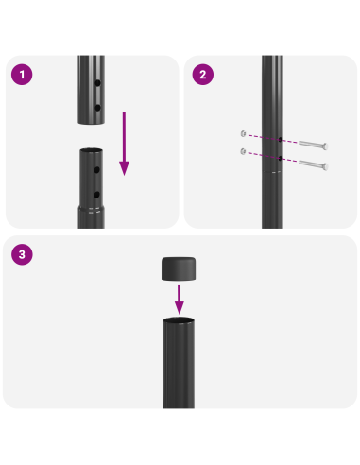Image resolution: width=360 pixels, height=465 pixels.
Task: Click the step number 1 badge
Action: pos(22,74)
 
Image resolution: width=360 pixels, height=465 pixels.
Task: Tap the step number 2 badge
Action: pos(200,74)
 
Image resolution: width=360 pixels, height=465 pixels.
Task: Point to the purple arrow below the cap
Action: pos(179,301)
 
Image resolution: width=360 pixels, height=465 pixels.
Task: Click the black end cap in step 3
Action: pos(179,268)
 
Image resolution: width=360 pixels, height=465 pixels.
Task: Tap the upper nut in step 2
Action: pos(245,133)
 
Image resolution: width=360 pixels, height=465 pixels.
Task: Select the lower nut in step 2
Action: pos(245,151)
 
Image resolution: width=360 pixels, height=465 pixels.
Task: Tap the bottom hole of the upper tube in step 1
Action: pos(98,108)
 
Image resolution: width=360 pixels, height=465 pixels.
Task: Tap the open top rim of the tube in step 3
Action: pos(179,322)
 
